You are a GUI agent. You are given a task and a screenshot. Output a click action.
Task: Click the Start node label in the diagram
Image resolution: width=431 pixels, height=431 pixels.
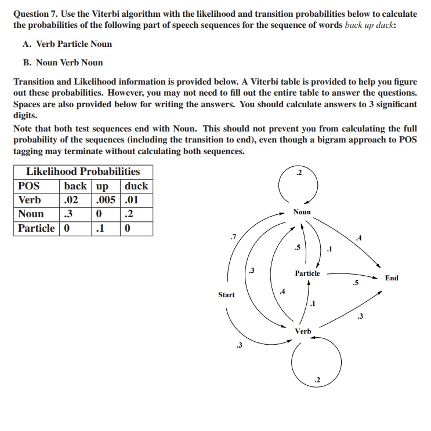226,295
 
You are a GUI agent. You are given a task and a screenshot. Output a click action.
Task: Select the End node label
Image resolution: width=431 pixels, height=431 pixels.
392,278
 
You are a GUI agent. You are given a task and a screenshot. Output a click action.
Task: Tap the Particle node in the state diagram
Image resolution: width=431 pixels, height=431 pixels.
307,273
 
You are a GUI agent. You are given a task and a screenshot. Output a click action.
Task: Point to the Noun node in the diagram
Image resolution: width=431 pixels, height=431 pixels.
302,212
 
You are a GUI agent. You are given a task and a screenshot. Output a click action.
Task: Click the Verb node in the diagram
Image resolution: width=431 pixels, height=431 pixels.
303,331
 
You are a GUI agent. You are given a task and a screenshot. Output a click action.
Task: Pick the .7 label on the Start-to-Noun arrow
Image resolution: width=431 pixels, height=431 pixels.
233,236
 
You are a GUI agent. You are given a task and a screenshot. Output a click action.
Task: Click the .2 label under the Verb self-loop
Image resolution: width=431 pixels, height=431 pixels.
317,380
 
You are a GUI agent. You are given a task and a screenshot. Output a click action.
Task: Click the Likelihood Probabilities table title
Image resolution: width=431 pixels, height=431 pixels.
83,171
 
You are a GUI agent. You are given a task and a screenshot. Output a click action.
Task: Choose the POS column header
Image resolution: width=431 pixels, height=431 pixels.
29,186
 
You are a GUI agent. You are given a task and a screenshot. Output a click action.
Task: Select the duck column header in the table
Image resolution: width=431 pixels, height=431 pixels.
136,186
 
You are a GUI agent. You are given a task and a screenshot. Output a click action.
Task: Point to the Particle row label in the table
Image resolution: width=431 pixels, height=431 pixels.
37,228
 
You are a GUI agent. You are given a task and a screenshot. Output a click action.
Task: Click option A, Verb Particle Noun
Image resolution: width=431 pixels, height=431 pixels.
68,44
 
